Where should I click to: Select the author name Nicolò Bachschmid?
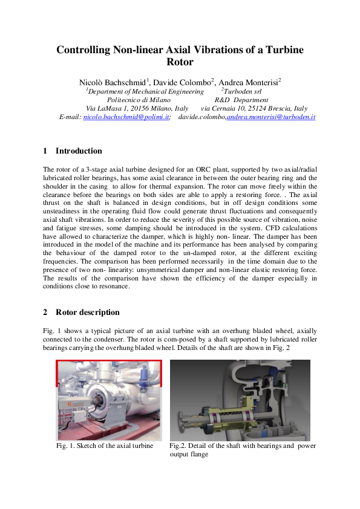pyautogui.click(x=112, y=82)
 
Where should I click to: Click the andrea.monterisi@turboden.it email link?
pyautogui.click(x=270, y=116)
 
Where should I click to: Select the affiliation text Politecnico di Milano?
pyautogui.click(x=138, y=100)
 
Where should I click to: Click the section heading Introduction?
pyautogui.click(x=79, y=151)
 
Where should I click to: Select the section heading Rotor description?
pyautogui.click(x=87, y=313)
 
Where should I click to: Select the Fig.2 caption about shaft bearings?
pyautogui.click(x=242, y=450)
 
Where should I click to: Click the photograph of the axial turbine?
pyautogui.click(x=109, y=400)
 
